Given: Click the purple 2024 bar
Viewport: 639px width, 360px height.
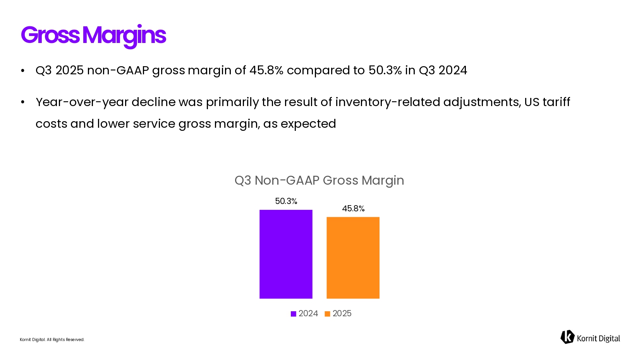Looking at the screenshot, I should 286,254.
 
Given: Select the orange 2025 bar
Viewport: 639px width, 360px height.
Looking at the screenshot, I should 353,257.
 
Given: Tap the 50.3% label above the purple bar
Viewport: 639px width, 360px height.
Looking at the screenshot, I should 286,201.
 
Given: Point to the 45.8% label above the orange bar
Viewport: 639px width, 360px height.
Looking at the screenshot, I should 353,209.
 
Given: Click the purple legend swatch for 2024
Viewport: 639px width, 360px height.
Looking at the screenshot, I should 294,314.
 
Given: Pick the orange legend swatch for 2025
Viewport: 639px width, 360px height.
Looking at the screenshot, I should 327,314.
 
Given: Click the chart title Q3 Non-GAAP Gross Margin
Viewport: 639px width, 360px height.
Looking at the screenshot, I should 319,180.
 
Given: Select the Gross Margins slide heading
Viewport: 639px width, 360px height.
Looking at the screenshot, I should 93,35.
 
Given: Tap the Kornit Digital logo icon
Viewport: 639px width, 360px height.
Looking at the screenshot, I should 567,337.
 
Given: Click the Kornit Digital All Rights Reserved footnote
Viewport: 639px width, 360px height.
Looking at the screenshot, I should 52,340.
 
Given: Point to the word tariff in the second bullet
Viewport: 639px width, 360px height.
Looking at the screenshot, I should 556,102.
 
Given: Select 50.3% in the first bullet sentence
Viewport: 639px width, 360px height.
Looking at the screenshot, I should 385,70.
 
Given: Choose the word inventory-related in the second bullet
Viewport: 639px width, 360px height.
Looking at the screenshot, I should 388,102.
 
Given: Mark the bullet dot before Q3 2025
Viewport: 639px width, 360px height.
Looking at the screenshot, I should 23,71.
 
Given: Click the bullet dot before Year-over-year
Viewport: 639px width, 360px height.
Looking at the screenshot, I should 23,103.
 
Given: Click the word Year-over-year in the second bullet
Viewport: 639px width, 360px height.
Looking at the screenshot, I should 82,102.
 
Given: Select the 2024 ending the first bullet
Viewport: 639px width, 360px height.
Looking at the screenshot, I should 453,70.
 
